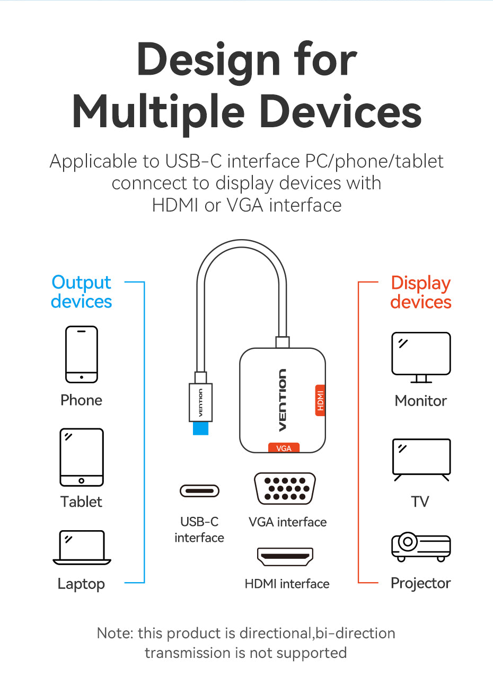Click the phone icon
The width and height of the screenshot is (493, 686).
(x=82, y=354)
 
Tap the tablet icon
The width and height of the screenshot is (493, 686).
(x=82, y=457)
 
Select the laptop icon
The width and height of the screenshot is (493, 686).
(x=82, y=547)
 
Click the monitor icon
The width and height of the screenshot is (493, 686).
(x=421, y=357)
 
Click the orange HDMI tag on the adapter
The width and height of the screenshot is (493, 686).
(x=320, y=400)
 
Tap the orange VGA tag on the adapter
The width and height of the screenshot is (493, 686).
(x=284, y=448)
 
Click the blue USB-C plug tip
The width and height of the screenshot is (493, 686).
(x=200, y=427)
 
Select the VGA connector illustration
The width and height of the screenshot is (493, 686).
(x=285, y=488)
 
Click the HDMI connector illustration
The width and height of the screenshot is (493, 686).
(x=285, y=556)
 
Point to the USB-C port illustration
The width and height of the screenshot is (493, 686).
(x=199, y=491)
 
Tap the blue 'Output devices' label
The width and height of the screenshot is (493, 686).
(x=82, y=292)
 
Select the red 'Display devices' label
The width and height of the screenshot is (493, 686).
(x=421, y=292)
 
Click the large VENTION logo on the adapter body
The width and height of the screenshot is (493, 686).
(x=283, y=400)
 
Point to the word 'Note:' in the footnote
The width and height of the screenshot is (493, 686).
(x=115, y=633)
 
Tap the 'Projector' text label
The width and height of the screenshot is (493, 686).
(x=420, y=583)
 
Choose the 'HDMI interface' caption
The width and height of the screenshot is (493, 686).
(x=287, y=584)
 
